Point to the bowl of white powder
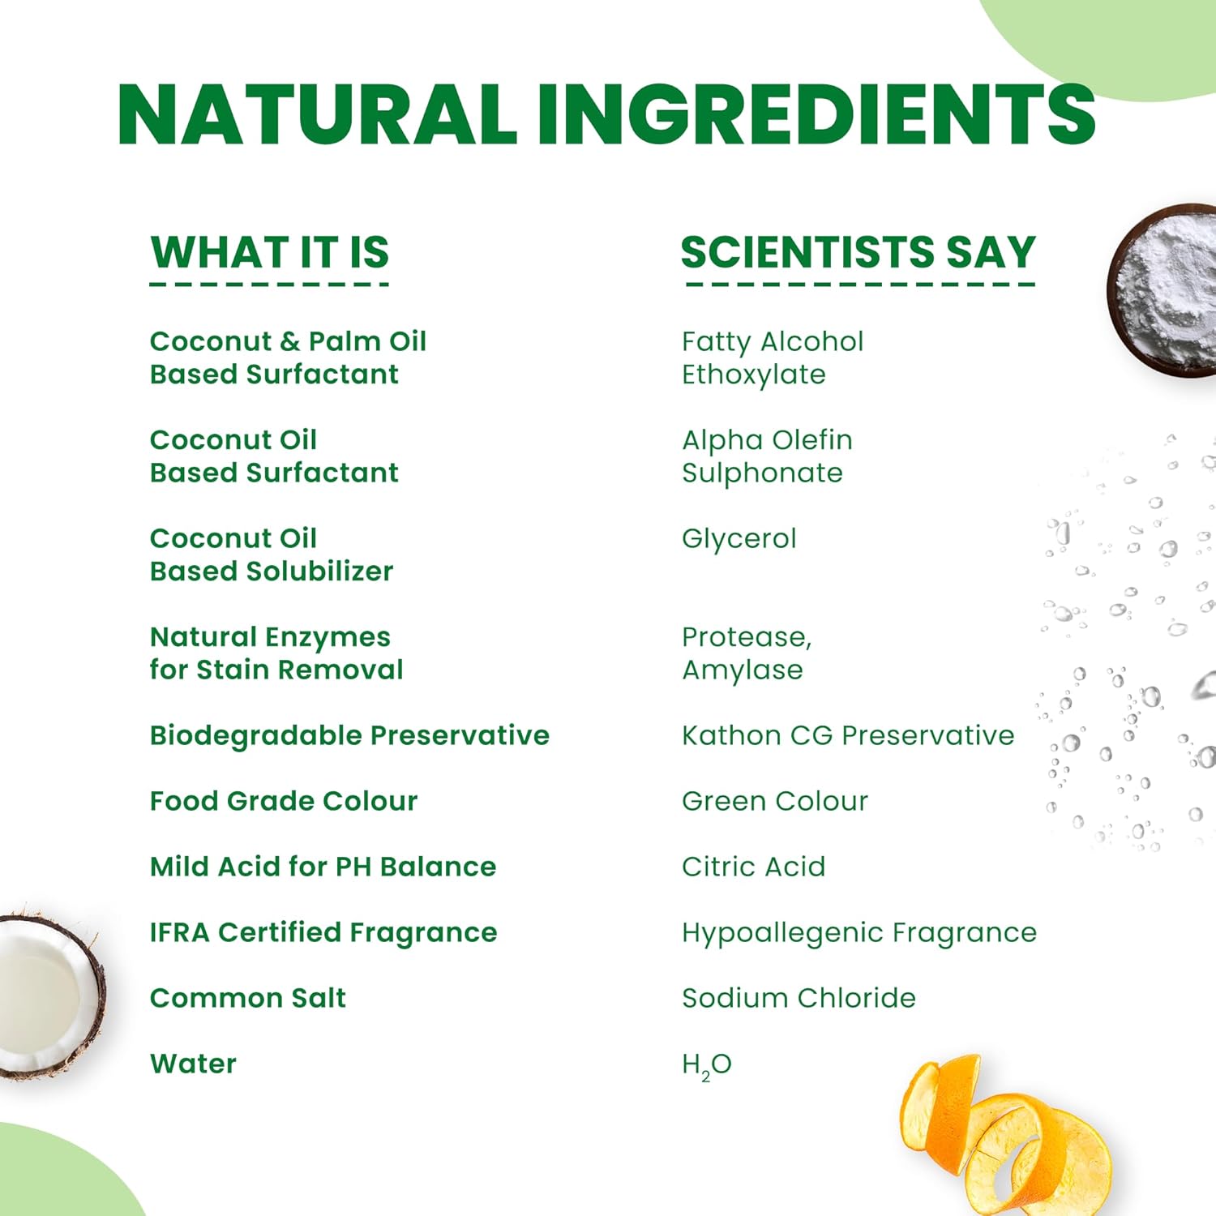(1164, 290)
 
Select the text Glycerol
(739, 539)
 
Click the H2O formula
(707, 1065)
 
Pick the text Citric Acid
(754, 867)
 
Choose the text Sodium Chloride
(799, 998)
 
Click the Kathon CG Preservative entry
(849, 735)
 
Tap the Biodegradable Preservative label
(350, 735)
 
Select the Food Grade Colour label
(284, 801)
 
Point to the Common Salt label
(248, 998)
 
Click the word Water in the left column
(194, 1064)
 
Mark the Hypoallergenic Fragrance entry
(859, 933)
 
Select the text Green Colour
(775, 801)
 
